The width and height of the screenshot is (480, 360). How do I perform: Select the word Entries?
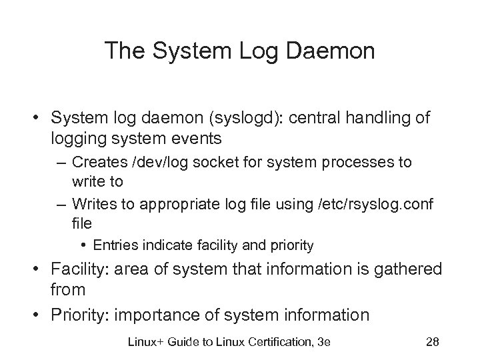tap(114, 245)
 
